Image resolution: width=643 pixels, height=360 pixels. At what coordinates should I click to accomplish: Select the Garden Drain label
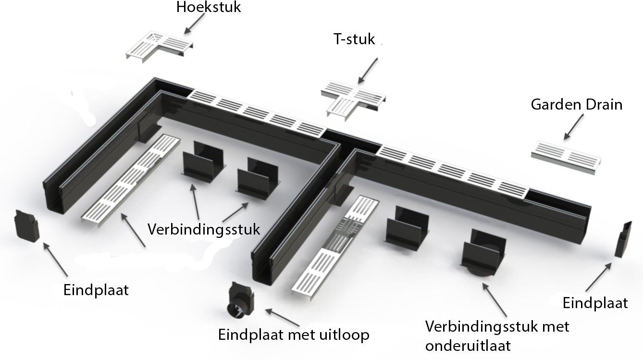(576, 104)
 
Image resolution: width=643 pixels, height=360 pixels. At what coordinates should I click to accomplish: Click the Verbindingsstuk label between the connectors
(204, 229)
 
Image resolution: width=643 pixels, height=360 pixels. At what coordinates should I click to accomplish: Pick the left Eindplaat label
(96, 290)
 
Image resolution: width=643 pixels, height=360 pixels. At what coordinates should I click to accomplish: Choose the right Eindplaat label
(595, 303)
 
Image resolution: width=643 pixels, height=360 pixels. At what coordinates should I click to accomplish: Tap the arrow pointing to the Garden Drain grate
(575, 129)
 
